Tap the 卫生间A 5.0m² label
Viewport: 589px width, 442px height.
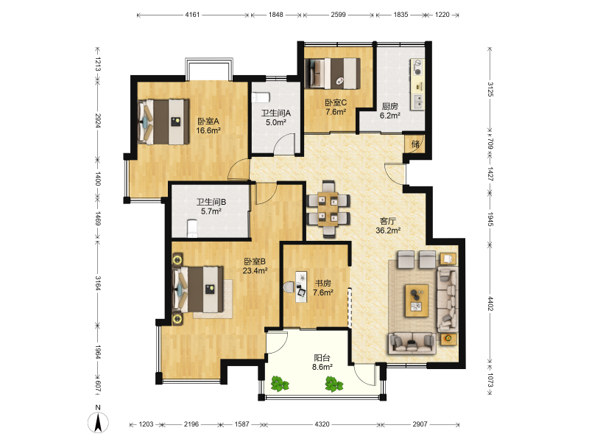pyautogui.click(x=276, y=117)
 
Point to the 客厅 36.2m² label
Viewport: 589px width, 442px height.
pyautogui.click(x=388, y=225)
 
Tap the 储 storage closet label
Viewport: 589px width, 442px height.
pyautogui.click(x=415, y=144)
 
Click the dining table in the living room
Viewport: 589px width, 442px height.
pyautogui.click(x=328, y=209)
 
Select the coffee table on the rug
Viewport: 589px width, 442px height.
pyautogui.click(x=417, y=301)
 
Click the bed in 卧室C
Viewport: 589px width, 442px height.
pyautogui.click(x=332, y=73)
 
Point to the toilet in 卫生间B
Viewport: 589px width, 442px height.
pyautogui.click(x=192, y=229)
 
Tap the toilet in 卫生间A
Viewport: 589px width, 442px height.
pyautogui.click(x=261, y=98)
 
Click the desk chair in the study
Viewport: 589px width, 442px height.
pyautogui.click(x=289, y=287)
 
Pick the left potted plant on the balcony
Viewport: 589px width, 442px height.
pyautogui.click(x=280, y=384)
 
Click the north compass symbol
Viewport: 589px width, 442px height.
pyautogui.click(x=98, y=421)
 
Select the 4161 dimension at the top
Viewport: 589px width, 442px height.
pyautogui.click(x=192, y=15)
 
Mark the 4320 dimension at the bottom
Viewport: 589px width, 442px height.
pyautogui.click(x=322, y=424)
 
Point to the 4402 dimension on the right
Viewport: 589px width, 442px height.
pyautogui.click(x=490, y=304)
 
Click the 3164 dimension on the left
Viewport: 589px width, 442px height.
pyautogui.click(x=98, y=283)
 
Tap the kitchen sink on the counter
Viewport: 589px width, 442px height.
pyautogui.click(x=417, y=101)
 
